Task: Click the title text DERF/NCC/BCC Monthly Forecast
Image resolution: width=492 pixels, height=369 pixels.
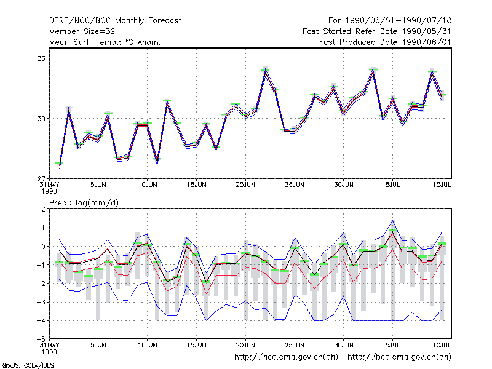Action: pos(115,21)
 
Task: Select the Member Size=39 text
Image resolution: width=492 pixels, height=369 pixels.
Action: pos(82,31)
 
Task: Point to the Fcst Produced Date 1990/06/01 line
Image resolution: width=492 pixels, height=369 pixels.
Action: pos(385,42)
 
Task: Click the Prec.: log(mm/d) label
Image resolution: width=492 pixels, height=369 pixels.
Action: pos(84,203)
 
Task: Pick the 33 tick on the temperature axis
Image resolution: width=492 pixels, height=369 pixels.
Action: pos(41,58)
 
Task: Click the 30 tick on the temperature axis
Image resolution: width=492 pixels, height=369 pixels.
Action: pos(41,119)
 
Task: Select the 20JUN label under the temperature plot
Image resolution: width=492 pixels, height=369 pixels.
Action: pos(245,185)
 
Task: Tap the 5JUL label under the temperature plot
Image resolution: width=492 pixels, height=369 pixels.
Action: pos(392,185)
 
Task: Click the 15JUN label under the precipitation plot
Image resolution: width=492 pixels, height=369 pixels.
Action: pos(196,345)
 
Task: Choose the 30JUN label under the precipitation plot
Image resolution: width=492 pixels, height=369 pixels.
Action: pos(344,345)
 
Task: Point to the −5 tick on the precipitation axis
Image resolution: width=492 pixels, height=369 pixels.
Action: pos(41,339)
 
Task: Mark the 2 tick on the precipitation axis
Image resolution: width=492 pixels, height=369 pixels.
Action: pos(43,209)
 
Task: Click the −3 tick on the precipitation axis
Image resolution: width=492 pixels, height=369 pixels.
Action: pos(41,302)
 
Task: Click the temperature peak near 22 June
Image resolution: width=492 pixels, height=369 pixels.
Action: pos(266,72)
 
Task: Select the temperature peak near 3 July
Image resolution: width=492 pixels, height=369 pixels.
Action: pos(373,71)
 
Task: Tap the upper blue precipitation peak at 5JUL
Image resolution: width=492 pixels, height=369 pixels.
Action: pos(392,220)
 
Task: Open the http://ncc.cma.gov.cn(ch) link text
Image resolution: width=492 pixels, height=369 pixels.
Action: pos(286,357)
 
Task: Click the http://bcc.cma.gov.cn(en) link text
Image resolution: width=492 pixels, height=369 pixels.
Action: pos(399,357)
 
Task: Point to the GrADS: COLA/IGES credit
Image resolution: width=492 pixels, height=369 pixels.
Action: pos(28,365)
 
